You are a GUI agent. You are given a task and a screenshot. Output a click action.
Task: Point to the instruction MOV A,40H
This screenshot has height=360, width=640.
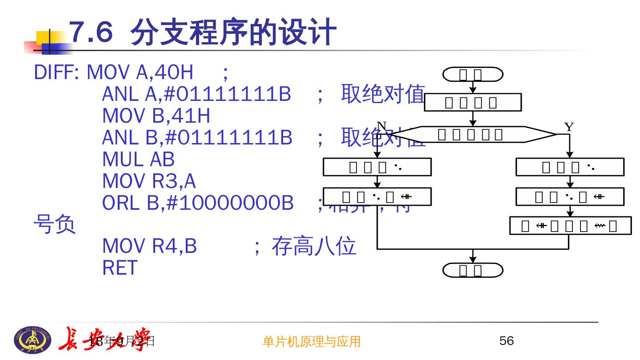[x=140, y=72]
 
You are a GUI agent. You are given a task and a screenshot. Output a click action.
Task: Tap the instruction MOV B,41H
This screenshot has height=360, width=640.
[x=156, y=116]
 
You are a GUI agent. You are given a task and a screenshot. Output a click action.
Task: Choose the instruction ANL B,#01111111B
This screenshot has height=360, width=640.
[x=197, y=138]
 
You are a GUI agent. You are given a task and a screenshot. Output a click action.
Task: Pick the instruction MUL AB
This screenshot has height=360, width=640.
[x=138, y=160]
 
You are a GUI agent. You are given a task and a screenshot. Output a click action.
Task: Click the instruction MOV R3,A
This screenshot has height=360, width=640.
[x=149, y=181]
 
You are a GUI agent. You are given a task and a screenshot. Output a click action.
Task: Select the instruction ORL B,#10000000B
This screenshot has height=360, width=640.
[x=198, y=203]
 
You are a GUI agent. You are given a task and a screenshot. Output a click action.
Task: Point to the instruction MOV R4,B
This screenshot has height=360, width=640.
[x=149, y=246]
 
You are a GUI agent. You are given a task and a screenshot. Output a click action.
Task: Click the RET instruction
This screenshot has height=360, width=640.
[x=120, y=268]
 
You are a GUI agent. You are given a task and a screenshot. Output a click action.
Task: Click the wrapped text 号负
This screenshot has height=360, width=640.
[x=55, y=225]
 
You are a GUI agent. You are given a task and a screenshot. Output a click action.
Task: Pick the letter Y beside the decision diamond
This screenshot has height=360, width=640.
[x=569, y=127]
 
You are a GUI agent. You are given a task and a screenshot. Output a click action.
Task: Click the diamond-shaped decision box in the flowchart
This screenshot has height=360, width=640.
[x=473, y=134]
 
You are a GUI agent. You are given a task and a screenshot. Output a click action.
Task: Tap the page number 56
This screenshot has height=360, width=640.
[x=507, y=341]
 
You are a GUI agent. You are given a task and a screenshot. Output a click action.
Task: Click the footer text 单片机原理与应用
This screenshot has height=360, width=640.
[x=312, y=341]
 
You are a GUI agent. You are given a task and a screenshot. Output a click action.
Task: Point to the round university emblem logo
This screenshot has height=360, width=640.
[x=33, y=339]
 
